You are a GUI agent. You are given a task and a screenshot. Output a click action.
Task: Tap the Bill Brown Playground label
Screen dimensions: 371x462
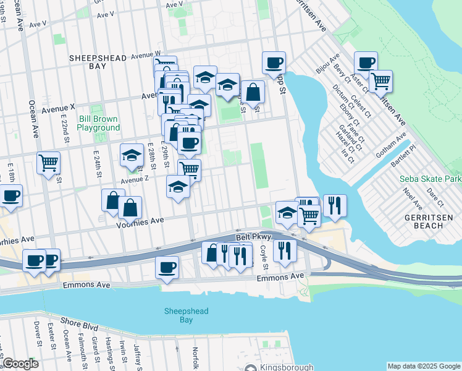[x=98, y=123]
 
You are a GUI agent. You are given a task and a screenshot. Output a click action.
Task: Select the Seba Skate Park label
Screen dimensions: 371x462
[x=430, y=179]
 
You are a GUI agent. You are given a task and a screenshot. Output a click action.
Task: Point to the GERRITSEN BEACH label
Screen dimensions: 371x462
[x=432, y=221]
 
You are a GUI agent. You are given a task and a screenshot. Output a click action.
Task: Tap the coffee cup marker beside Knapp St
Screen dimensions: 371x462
[x=274, y=62]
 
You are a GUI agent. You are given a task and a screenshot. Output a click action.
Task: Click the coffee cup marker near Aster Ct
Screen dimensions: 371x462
[x=366, y=62]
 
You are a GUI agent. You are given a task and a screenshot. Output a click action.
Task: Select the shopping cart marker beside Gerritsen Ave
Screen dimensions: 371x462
[x=380, y=80]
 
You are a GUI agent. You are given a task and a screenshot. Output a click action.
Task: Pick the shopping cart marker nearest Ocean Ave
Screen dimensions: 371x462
[x=48, y=163]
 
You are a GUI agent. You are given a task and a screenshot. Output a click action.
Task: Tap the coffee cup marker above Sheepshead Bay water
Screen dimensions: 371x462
[x=167, y=267]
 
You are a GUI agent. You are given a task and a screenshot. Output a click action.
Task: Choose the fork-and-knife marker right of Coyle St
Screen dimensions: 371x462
[x=285, y=250]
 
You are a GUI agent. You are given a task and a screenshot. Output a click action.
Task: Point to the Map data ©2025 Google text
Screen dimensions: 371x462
[x=423, y=366]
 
